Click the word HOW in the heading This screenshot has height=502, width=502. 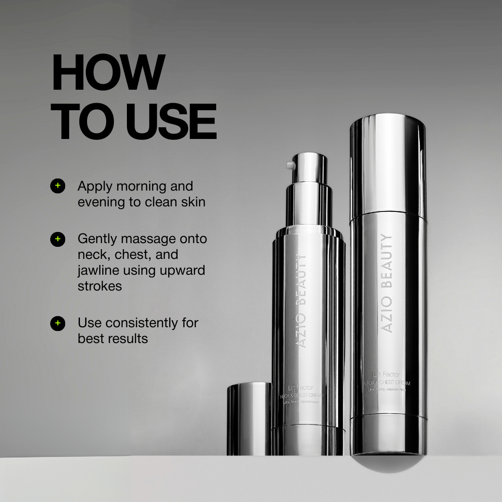(108, 73)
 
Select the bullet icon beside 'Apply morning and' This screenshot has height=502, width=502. (58, 185)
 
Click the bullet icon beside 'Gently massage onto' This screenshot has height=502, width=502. (58, 239)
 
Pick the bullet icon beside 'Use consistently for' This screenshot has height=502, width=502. (58, 323)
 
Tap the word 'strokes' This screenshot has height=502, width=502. (99, 286)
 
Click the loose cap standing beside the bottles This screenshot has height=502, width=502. (249, 418)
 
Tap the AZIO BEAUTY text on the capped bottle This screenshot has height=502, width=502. (386, 284)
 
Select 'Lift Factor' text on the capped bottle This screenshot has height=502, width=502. (387, 374)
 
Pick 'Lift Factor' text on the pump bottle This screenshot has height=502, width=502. (301, 387)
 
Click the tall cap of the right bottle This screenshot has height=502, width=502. (388, 165)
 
